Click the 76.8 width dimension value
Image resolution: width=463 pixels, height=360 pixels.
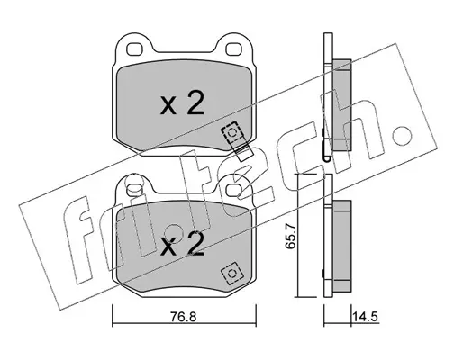pyautogui.click(x=184, y=317)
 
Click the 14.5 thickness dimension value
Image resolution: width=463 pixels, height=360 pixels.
pyautogui.click(x=365, y=317)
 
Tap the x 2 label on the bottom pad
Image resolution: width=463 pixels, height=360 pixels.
pyautogui.click(x=182, y=243)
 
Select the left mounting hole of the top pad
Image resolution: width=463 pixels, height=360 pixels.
pyautogui.click(x=134, y=49)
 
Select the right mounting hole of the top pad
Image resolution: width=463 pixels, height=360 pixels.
pyautogui.click(x=233, y=49)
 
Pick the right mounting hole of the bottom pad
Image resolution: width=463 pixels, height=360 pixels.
pyautogui.click(x=233, y=189)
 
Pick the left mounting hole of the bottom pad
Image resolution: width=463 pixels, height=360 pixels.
pyautogui.click(x=134, y=190)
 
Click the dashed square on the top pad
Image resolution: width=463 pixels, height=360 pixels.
pyautogui.click(x=231, y=132)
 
